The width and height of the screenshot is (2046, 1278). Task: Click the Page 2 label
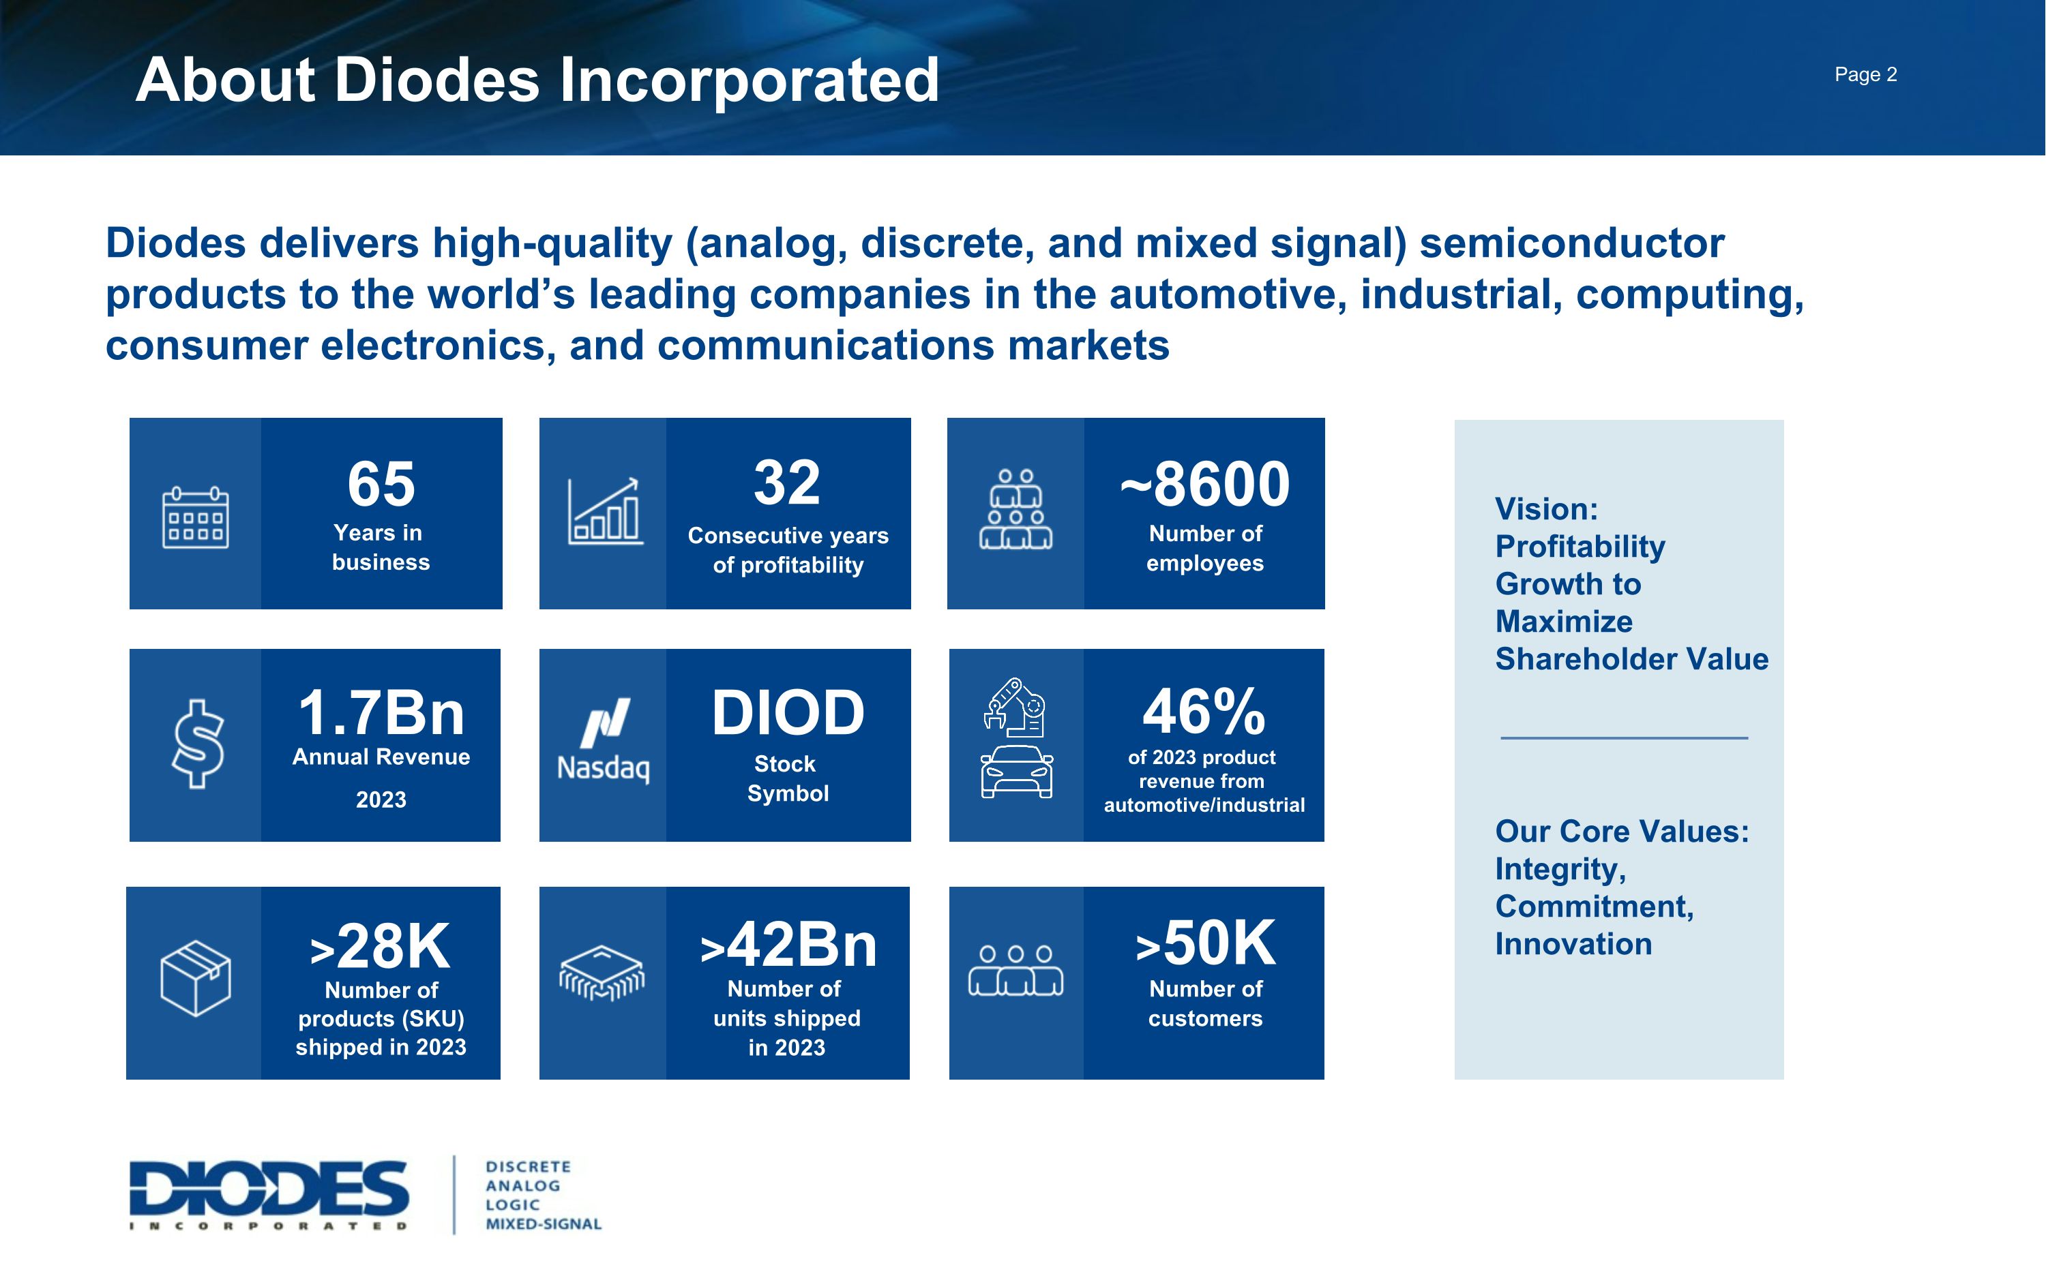tap(1865, 74)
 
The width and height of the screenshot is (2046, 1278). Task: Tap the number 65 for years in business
tap(381, 485)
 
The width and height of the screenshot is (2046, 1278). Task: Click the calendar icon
tap(195, 517)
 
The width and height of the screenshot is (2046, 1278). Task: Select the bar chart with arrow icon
tap(604, 511)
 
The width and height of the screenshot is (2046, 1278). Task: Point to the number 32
tap(787, 483)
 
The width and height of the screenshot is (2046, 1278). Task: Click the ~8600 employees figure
tap(1205, 485)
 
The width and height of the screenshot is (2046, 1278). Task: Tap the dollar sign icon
tap(198, 744)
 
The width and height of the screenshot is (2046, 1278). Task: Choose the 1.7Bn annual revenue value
tap(381, 712)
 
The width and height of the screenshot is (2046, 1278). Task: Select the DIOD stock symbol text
tap(788, 712)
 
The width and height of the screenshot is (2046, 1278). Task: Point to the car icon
tap(1016, 772)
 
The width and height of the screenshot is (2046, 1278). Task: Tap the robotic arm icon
tap(1015, 707)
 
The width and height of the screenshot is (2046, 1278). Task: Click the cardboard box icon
tap(195, 978)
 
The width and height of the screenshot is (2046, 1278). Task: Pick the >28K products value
tap(381, 946)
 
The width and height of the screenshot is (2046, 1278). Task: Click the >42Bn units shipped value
tap(788, 944)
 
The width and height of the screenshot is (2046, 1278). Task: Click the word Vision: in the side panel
tap(1546, 509)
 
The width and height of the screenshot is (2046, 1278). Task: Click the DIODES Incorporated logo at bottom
tap(269, 1194)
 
